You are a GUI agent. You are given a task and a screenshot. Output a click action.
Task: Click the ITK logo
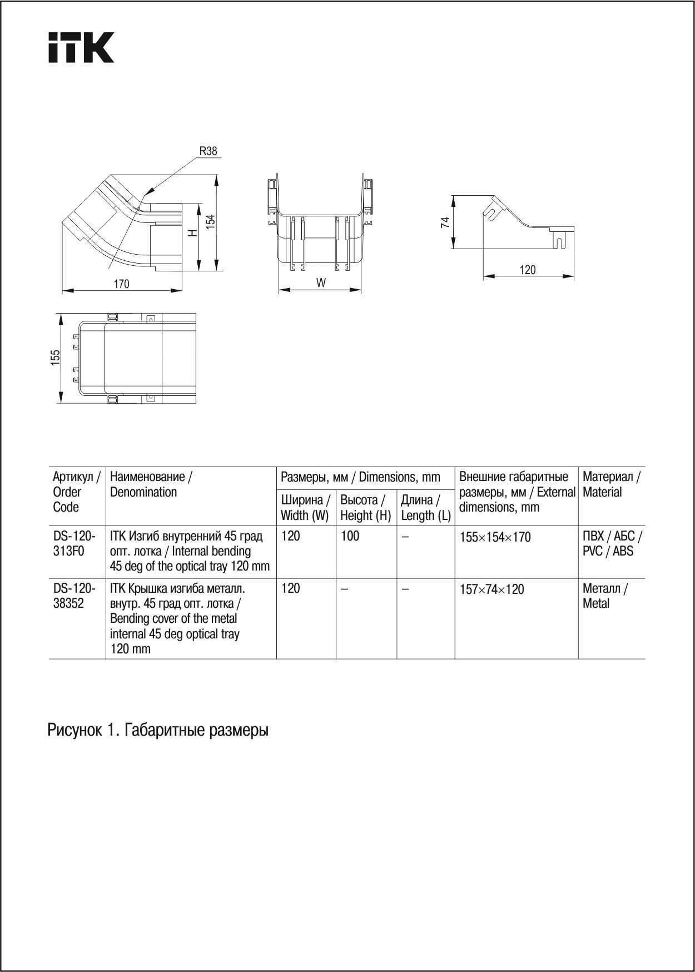[x=81, y=47]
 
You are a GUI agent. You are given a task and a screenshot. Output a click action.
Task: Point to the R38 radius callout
[x=208, y=151]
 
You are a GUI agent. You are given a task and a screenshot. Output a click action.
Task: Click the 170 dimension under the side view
[x=121, y=284]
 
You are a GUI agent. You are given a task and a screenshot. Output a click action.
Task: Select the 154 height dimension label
[x=211, y=221]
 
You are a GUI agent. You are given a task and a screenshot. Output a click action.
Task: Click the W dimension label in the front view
[x=321, y=282]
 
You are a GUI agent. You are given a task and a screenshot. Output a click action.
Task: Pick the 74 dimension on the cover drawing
[x=445, y=222]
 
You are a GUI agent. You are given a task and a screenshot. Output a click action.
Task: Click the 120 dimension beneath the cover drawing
[x=528, y=270]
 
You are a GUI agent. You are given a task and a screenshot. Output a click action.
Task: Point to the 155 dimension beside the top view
[x=56, y=358]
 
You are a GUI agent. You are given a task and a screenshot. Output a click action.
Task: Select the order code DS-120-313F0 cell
[x=74, y=544]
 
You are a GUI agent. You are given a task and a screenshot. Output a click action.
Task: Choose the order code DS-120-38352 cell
[x=74, y=596]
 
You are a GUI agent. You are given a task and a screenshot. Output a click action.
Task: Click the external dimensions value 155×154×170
[x=495, y=537]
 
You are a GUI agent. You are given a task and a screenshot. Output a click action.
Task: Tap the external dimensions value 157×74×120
[x=492, y=589]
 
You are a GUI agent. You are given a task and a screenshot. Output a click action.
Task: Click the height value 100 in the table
[x=350, y=536]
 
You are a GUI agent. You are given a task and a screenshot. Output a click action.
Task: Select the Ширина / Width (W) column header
[x=305, y=508]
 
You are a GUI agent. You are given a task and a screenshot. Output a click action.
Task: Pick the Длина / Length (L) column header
[x=425, y=508]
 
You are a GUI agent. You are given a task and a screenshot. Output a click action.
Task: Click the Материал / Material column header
[x=611, y=484]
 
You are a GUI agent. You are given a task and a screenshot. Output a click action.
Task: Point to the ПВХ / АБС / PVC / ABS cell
[x=612, y=544]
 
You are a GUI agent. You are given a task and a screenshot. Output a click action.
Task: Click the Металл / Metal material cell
[x=605, y=596]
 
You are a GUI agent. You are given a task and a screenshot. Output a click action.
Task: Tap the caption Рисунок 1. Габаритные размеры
[x=158, y=730]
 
